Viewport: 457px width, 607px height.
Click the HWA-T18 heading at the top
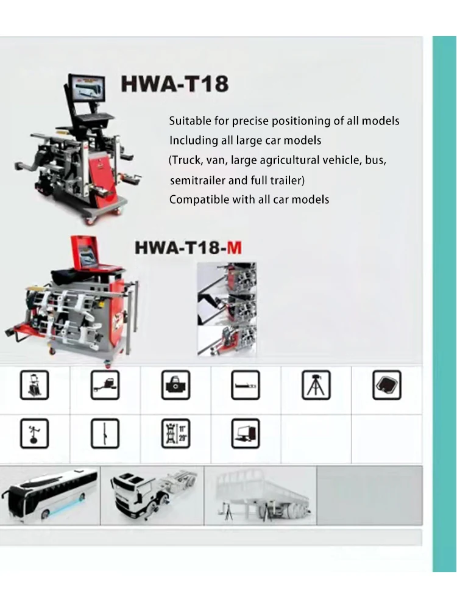174,84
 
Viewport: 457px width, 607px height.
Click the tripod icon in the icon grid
316,386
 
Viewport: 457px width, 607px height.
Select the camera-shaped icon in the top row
175,386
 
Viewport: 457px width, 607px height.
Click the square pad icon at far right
386,386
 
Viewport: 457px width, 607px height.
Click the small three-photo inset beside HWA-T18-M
226,309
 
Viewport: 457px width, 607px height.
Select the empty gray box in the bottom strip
369,495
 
